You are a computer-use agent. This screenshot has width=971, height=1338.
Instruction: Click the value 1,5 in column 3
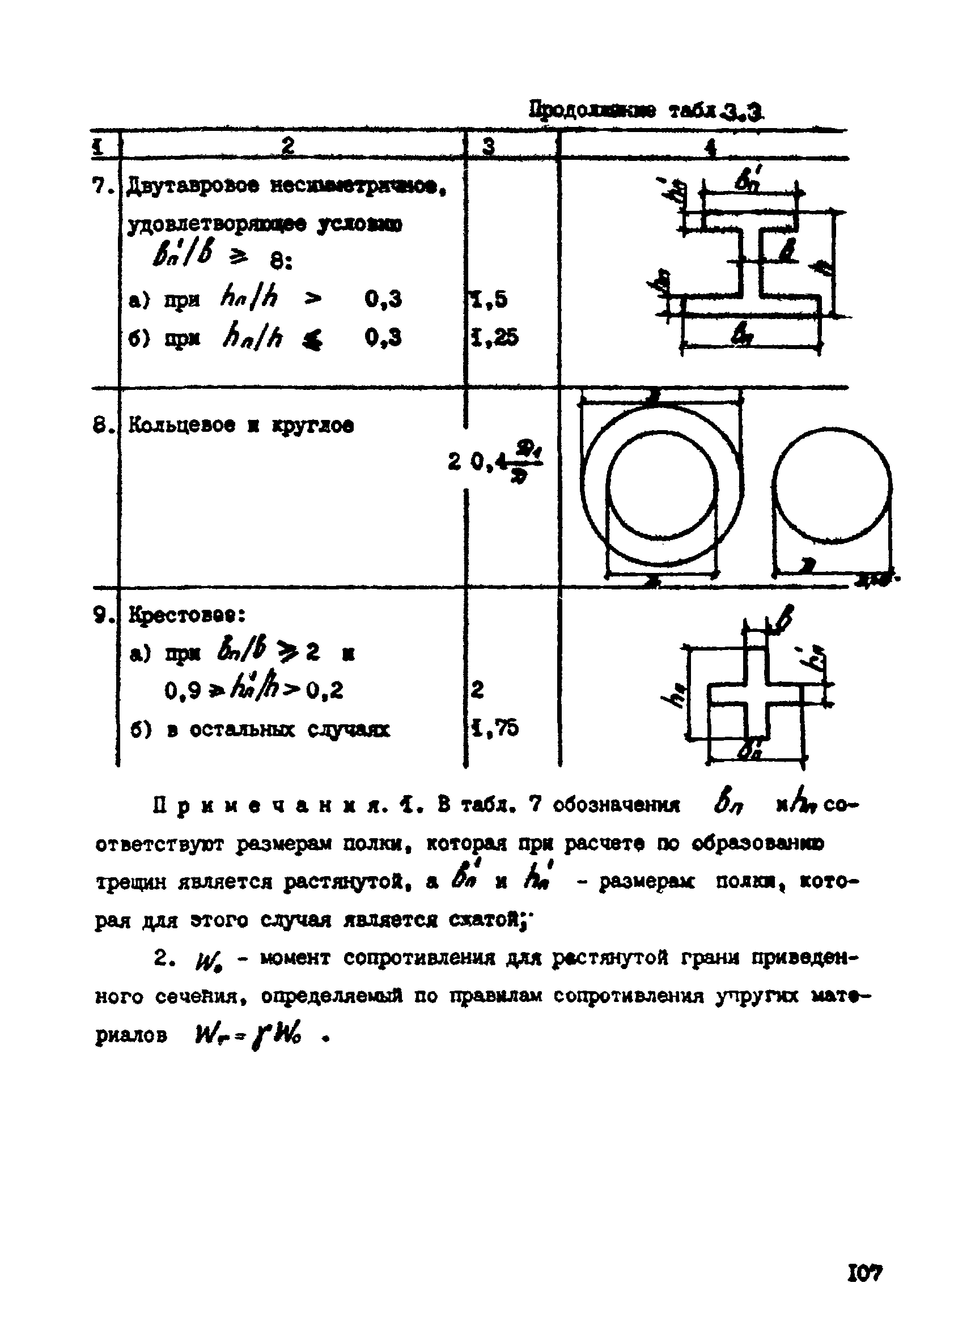tap(490, 300)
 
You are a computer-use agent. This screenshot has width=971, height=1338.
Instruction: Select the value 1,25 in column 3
tap(494, 337)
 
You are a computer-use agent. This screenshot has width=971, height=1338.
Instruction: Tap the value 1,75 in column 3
tap(494, 729)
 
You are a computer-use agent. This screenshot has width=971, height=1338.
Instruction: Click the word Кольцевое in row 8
tap(182, 425)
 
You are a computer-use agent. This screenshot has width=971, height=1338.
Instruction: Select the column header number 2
tap(287, 146)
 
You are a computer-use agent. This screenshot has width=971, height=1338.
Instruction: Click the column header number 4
tap(711, 147)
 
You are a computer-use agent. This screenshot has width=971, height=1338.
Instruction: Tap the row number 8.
tap(101, 426)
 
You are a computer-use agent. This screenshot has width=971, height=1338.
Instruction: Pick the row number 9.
tap(102, 616)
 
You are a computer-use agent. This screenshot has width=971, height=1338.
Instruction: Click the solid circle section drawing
tap(832, 486)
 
